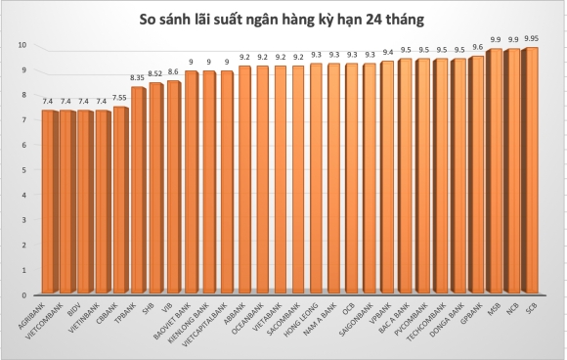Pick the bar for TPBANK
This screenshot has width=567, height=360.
pos(139,190)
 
